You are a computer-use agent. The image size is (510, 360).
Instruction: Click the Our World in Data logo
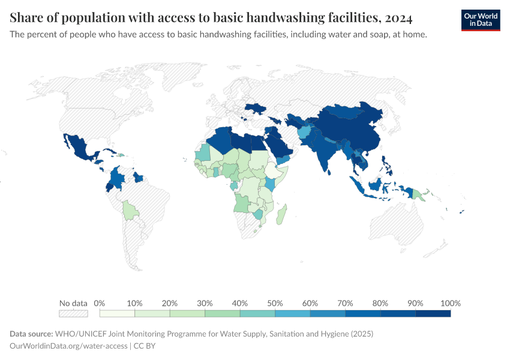click(480, 19)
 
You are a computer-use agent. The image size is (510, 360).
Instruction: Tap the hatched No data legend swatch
click(73, 313)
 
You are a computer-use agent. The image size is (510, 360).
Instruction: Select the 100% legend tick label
click(450, 302)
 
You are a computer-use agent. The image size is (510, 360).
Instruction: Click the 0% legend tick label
click(100, 302)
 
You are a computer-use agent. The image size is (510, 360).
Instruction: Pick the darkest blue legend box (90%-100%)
click(433, 313)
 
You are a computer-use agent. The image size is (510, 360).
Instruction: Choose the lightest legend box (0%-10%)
click(117, 313)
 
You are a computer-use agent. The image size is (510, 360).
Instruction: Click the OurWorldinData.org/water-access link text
click(68, 346)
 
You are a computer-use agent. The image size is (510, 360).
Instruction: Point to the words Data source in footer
click(31, 334)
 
